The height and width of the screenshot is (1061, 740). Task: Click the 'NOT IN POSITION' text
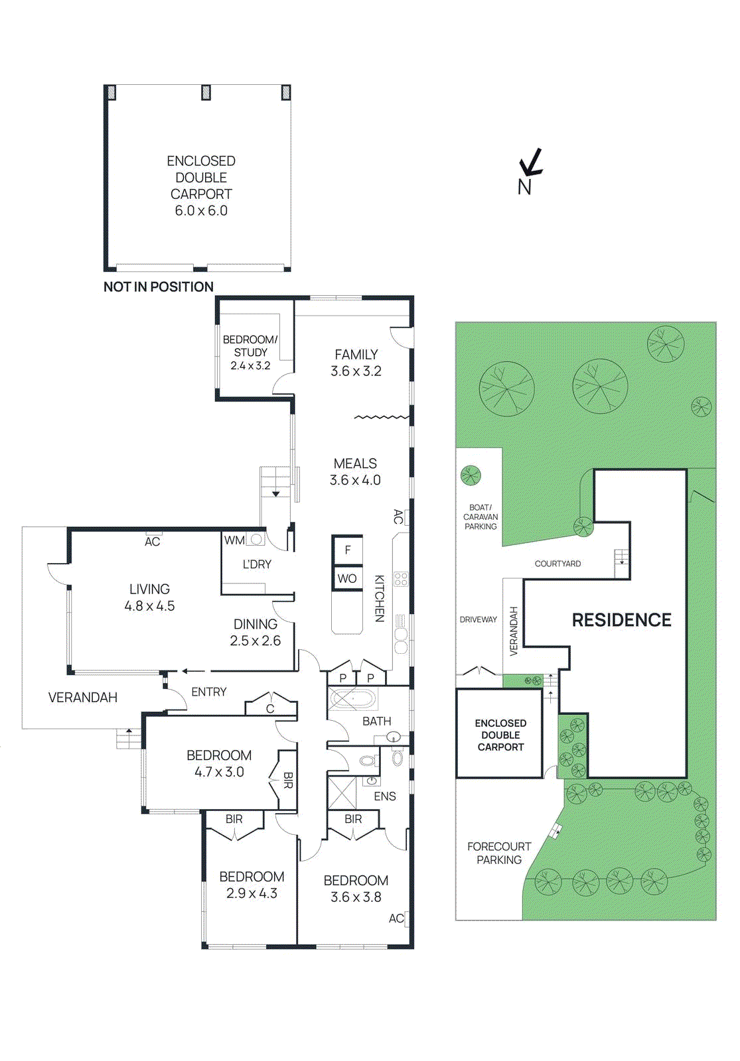point(158,287)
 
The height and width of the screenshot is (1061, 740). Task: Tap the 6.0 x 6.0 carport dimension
point(201,211)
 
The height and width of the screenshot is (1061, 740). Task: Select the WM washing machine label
point(234,540)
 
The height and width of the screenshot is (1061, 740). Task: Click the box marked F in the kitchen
point(347,550)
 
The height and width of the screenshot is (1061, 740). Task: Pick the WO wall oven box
point(347,578)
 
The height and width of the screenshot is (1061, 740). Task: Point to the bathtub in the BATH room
point(353,700)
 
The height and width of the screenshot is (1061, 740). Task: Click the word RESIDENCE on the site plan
point(621,620)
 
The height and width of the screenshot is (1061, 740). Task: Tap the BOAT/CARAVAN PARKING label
point(481,517)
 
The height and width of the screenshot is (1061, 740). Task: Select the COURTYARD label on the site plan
point(557,564)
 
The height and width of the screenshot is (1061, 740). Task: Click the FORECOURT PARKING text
point(499,853)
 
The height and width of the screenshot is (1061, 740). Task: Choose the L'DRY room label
point(257,564)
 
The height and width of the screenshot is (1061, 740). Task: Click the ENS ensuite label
point(385,796)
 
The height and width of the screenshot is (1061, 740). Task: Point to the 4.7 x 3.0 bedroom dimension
point(219,772)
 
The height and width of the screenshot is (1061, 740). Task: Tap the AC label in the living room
point(153,542)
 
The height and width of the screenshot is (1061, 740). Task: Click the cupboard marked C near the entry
point(270,709)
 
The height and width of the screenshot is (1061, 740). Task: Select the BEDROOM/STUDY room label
point(250,345)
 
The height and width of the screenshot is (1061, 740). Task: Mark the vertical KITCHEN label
point(379,598)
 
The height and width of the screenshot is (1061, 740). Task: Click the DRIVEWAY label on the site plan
point(478,619)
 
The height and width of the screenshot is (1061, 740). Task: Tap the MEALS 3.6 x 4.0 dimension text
point(355,480)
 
